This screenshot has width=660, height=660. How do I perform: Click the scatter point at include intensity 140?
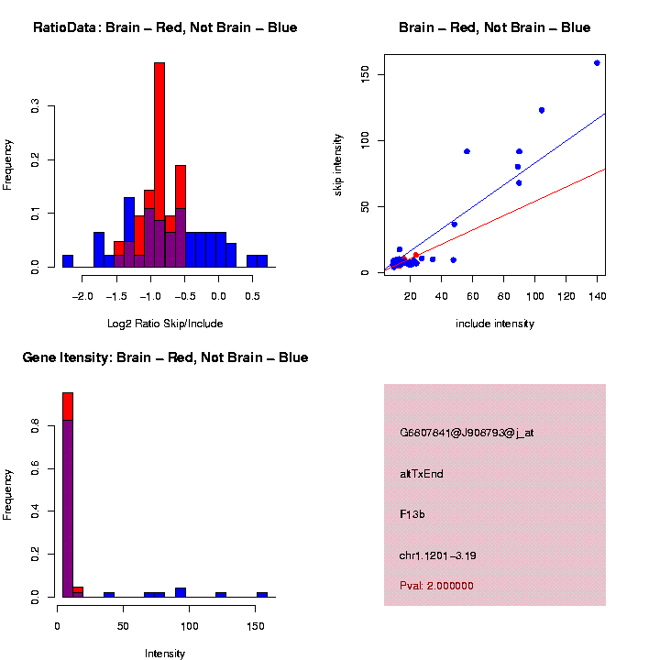click(x=597, y=63)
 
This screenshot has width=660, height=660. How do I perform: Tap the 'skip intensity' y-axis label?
click(x=337, y=163)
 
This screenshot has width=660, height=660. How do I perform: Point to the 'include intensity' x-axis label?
click(x=495, y=324)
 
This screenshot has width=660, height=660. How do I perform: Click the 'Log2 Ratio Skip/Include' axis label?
click(x=164, y=323)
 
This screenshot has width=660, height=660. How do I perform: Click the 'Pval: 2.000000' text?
click(x=436, y=586)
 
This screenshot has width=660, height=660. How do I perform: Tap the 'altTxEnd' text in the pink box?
click(x=422, y=474)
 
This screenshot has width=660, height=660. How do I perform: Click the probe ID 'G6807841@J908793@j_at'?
click(x=467, y=432)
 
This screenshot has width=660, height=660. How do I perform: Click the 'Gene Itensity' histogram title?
click(x=165, y=357)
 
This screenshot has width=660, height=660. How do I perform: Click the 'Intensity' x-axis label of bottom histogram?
click(x=164, y=654)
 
